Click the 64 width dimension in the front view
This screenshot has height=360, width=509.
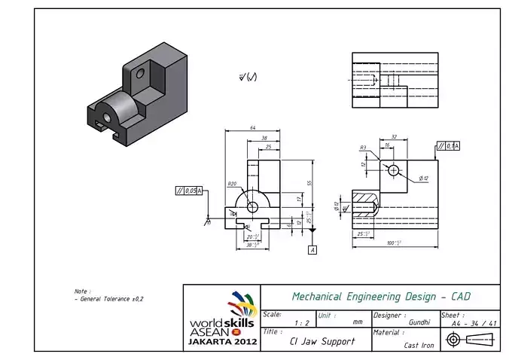click(x=253, y=128)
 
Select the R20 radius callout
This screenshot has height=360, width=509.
click(x=232, y=183)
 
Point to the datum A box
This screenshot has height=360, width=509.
click(x=312, y=249)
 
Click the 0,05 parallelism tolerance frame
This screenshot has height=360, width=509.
click(x=189, y=191)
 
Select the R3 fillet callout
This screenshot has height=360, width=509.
click(x=363, y=148)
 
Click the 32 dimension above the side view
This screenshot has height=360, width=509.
click(x=394, y=137)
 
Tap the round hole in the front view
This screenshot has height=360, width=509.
click(x=252, y=206)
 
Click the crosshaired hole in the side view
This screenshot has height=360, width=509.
click(x=393, y=171)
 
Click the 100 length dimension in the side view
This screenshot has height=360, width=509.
click(x=393, y=243)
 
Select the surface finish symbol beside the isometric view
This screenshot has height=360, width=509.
click(x=247, y=77)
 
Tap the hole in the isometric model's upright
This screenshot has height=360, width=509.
click(x=139, y=74)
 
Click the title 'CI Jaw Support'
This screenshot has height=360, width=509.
click(x=322, y=341)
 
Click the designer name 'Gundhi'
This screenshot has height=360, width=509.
click(x=419, y=322)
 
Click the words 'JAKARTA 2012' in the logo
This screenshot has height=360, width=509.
click(x=222, y=342)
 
